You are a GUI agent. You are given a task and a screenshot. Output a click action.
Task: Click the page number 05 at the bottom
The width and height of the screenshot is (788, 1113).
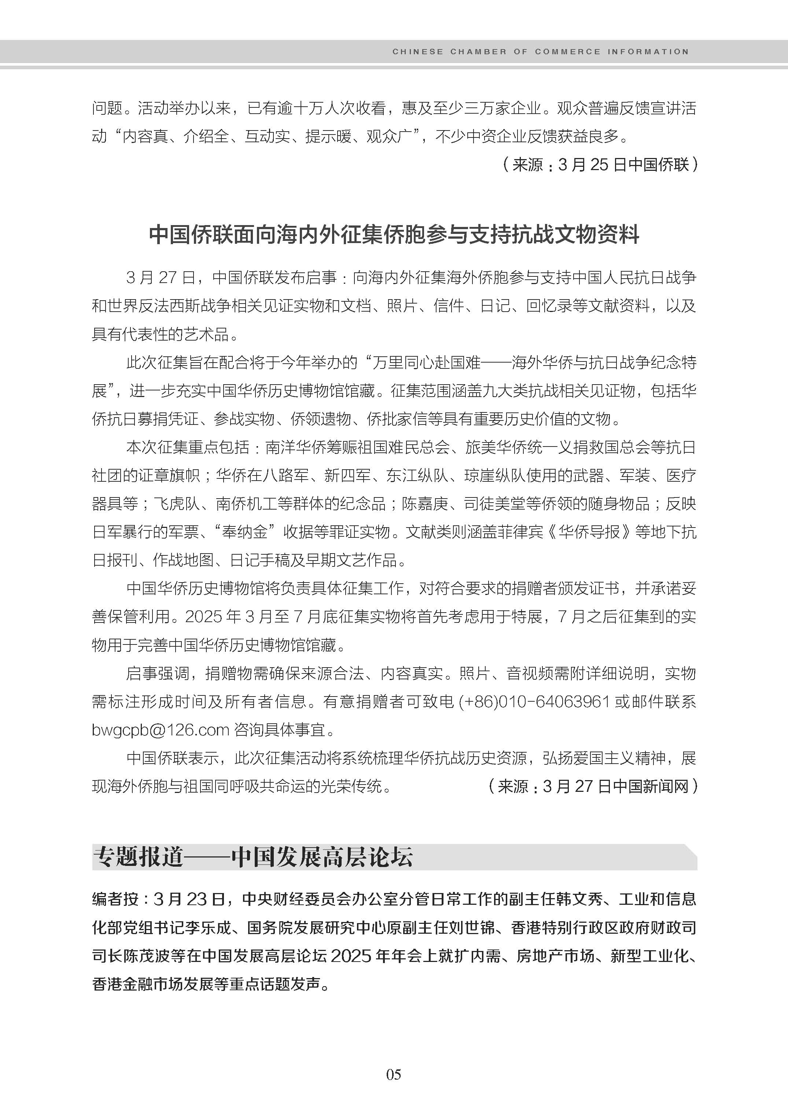(394, 1074)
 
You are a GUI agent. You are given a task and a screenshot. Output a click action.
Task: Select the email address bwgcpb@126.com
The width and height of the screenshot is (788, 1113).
(160, 730)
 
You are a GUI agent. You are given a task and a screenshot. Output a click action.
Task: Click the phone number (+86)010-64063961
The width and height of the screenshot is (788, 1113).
(534, 701)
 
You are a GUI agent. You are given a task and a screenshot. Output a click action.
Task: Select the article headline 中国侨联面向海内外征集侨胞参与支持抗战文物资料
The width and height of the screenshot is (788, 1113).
(394, 235)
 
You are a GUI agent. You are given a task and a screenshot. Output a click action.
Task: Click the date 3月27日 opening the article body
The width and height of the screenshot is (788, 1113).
(160, 278)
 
